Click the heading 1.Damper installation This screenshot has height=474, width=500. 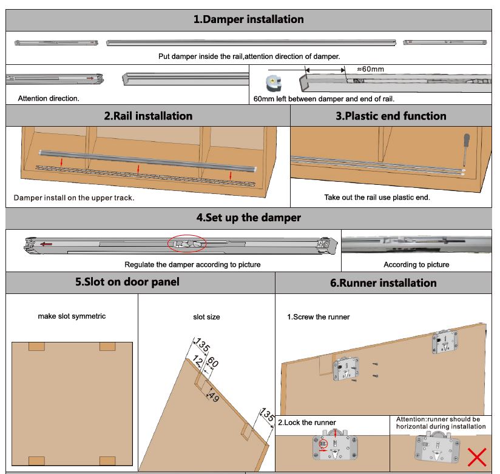point(248,19)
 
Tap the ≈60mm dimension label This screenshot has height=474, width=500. point(370,70)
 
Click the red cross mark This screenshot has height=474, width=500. point(478,456)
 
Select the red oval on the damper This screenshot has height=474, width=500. point(187,243)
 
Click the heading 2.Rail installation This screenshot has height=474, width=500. point(148,116)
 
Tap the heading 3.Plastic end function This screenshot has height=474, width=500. point(391,116)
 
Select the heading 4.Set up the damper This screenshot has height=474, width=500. point(248,217)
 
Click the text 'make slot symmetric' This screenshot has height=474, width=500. point(72,316)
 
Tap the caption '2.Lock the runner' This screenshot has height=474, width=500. point(307,422)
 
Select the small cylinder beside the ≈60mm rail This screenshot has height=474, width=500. point(274,82)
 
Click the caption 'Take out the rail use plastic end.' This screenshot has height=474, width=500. point(377,198)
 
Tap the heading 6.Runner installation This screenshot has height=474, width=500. point(383,283)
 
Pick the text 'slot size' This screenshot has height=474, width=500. point(206,317)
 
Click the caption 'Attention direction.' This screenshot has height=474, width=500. point(49,98)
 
